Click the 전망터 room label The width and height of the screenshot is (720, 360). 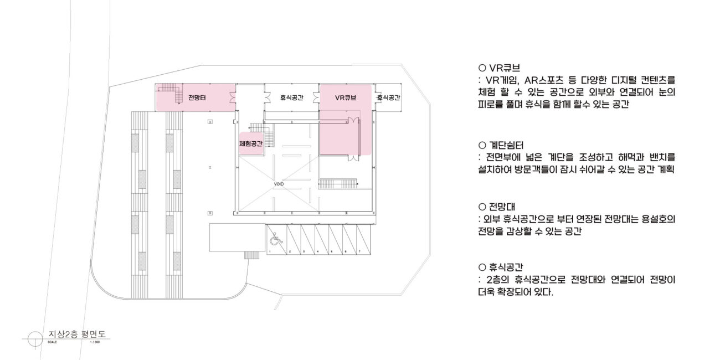tap(197, 98)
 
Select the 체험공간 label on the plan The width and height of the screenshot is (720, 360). tap(250, 143)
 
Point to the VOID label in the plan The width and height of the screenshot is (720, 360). tap(279, 183)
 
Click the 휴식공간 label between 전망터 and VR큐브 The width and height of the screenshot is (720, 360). tap(291, 98)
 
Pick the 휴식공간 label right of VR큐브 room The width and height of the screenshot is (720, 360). tap(388, 98)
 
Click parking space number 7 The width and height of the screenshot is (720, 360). tap(359, 251)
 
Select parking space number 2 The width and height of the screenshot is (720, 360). tap(290, 251)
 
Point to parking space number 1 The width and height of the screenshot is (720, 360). tap(269, 251)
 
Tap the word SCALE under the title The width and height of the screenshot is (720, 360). tap(53, 342)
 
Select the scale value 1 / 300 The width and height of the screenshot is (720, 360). tap(95, 342)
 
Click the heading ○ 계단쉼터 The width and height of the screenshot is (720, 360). tap(505, 145)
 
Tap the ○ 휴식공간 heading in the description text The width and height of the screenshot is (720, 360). tap(505, 267)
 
